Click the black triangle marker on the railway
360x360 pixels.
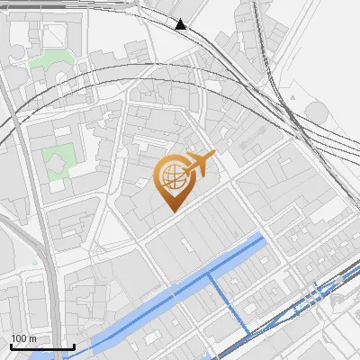[181, 24]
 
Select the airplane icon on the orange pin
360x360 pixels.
[199, 164]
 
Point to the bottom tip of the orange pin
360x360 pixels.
[171, 211]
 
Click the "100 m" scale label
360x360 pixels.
[24, 338]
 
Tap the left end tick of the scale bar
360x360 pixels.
[11, 346]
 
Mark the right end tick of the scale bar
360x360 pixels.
[74, 346]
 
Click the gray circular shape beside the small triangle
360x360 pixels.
[318, 112]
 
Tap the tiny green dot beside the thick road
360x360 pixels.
[36, 262]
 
